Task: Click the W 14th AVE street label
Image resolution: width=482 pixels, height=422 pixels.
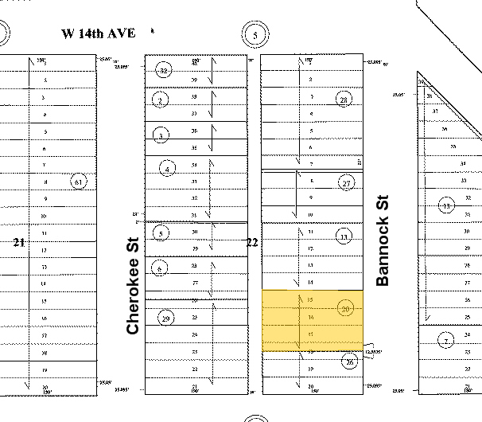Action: pyautogui.click(x=99, y=33)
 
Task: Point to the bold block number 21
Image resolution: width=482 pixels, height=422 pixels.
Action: pyautogui.click(x=19, y=242)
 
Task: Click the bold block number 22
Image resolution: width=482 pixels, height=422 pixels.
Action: pyautogui.click(x=252, y=242)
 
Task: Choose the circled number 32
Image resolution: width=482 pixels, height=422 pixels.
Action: pyautogui.click(x=164, y=69)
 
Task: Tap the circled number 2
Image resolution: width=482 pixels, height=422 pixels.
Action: pyautogui.click(x=161, y=100)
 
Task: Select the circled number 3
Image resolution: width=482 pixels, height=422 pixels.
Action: pyautogui.click(x=161, y=135)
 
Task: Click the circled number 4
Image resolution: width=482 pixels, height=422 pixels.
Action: pyautogui.click(x=167, y=168)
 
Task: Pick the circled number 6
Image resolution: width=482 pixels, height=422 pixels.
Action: pyautogui.click(x=161, y=268)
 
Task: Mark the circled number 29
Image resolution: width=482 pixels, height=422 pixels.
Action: pyautogui.click(x=165, y=318)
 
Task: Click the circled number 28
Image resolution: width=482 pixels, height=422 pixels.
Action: pyautogui.click(x=344, y=100)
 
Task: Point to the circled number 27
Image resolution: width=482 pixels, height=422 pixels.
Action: pyautogui.click(x=346, y=183)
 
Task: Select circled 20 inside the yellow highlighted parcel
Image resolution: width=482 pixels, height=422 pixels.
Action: pyautogui.click(x=345, y=308)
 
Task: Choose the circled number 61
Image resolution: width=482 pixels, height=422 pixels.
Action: pyautogui.click(x=77, y=182)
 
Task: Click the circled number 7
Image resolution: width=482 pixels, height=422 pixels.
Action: pyautogui.click(x=447, y=342)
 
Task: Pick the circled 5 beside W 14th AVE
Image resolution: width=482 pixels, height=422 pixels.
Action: pyautogui.click(x=255, y=35)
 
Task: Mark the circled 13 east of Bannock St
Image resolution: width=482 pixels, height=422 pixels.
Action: pyautogui.click(x=446, y=206)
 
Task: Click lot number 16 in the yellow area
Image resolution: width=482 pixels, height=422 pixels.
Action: pyautogui.click(x=310, y=317)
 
